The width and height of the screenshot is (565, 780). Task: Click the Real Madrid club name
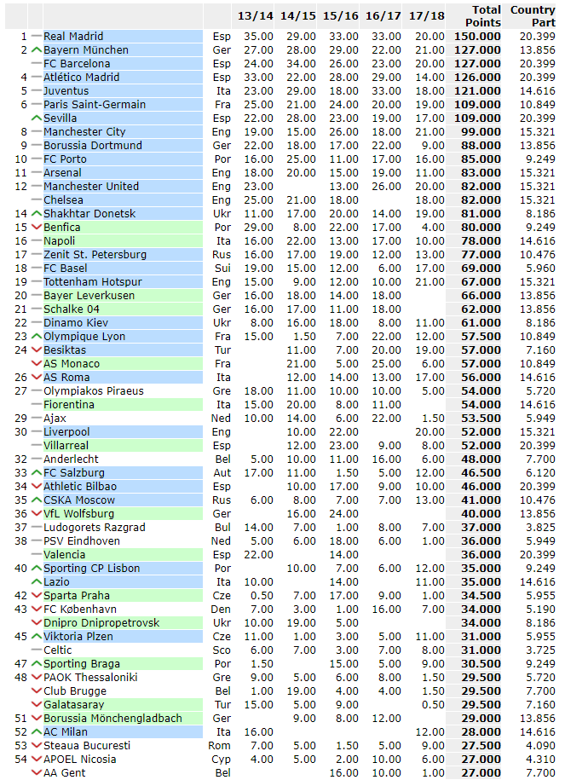coord(73,37)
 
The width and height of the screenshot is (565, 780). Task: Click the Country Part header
coord(533,16)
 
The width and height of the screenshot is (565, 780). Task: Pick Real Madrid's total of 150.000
coord(476,37)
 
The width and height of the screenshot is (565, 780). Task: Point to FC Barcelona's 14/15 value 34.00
coord(299,64)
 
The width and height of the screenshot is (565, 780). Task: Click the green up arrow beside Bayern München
coord(36,50)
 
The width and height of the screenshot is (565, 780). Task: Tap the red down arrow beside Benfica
coord(36,228)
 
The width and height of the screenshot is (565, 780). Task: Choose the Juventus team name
coord(66,91)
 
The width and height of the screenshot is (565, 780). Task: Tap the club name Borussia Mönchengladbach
coord(112,719)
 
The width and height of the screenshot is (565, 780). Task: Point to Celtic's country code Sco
coord(221,650)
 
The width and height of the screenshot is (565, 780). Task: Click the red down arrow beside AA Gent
coord(36,773)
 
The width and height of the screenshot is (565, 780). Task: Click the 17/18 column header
coord(425,16)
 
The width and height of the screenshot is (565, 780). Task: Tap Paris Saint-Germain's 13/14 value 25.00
coord(257,105)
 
